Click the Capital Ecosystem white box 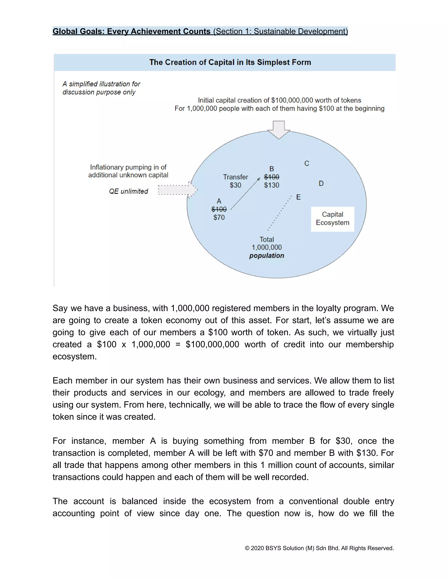tap(332, 219)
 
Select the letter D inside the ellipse tap(321, 184)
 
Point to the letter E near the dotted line tap(298, 197)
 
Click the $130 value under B tap(272, 185)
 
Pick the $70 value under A tap(219, 217)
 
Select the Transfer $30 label tap(236, 181)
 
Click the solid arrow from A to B tap(245, 194)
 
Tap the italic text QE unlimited tap(128, 191)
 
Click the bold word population tap(266, 256)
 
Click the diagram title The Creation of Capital tap(230, 62)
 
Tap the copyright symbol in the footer tap(247, 548)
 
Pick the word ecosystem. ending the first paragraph tap(74, 356)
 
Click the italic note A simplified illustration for tap(101, 84)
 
